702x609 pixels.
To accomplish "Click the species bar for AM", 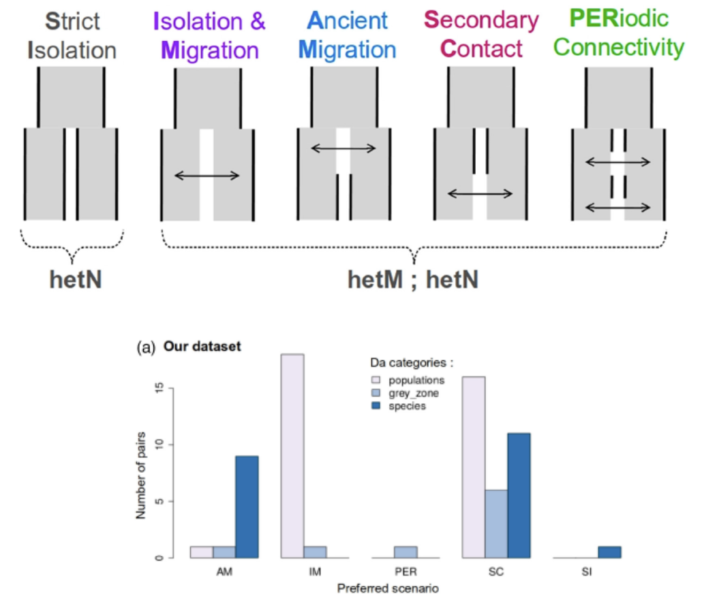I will pos(247,507).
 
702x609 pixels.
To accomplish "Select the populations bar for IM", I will pos(292,456).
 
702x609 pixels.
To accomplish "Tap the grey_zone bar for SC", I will pos(496,524).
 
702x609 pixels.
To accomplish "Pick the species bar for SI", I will pos(609,552).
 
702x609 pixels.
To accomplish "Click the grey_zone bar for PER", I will pos(405,552).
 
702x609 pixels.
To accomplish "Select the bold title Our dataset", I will pos(202,347).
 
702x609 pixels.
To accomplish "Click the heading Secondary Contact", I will pos(481,34).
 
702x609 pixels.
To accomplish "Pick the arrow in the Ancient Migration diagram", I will pos(343,148).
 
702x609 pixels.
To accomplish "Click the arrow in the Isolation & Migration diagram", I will pos(207,176).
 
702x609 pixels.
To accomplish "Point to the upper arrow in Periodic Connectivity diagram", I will pos(617,162).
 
